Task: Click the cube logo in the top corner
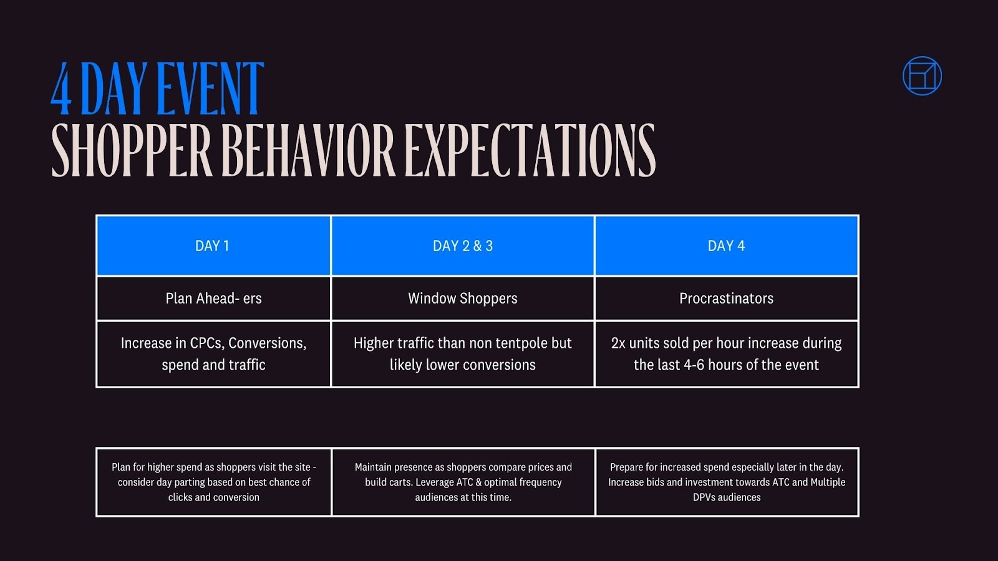922,76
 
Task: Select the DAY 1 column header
213,246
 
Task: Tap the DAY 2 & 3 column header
462,246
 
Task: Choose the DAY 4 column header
726,246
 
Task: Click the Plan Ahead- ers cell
213,299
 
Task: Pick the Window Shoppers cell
462,299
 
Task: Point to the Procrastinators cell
726,299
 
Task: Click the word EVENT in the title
210,89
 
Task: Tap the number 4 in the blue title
61,89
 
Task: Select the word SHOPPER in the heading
132,150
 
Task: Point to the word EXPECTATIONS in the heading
530,150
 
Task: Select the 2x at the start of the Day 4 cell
618,343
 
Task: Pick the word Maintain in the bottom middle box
375,467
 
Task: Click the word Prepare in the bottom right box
626,467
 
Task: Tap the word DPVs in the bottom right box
705,497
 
